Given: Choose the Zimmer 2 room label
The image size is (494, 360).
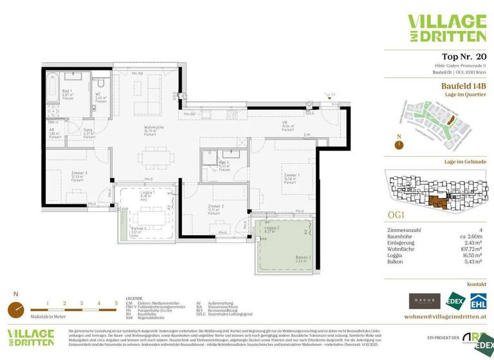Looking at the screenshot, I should pyautogui.click(x=215, y=207).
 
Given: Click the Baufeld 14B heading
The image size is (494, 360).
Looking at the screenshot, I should pyautogui.click(x=463, y=85).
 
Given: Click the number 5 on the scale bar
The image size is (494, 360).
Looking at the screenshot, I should pyautogui.click(x=116, y=302).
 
